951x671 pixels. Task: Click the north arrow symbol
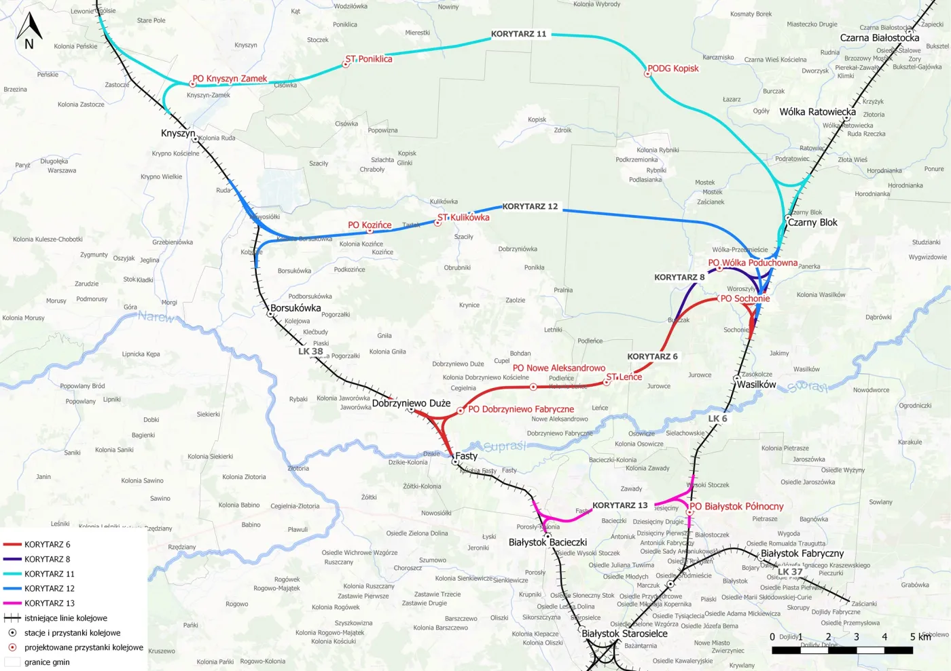tap(29, 31)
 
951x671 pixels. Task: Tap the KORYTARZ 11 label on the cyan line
tap(518, 34)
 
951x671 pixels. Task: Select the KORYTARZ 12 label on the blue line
tap(530, 206)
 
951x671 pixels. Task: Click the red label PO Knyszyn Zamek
tap(230, 79)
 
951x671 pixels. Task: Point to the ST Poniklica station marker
tap(346, 64)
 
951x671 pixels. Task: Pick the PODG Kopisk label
tap(672, 69)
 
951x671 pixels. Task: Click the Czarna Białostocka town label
tap(879, 38)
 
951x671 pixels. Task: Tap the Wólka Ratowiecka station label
tap(817, 112)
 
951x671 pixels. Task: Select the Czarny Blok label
tap(812, 223)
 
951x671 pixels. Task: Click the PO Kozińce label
tap(370, 225)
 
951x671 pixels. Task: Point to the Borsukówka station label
tap(295, 308)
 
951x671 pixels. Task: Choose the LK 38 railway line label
tap(310, 351)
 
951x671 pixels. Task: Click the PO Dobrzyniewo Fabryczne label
tap(521, 409)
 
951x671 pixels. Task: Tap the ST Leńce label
tap(624, 377)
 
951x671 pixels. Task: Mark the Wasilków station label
tap(756, 385)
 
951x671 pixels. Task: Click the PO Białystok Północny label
tap(737, 507)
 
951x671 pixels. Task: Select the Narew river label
tap(156, 316)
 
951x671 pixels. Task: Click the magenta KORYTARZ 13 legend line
tap(12, 603)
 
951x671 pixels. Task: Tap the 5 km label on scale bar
tap(920, 637)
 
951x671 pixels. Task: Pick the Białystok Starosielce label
tap(624, 634)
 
